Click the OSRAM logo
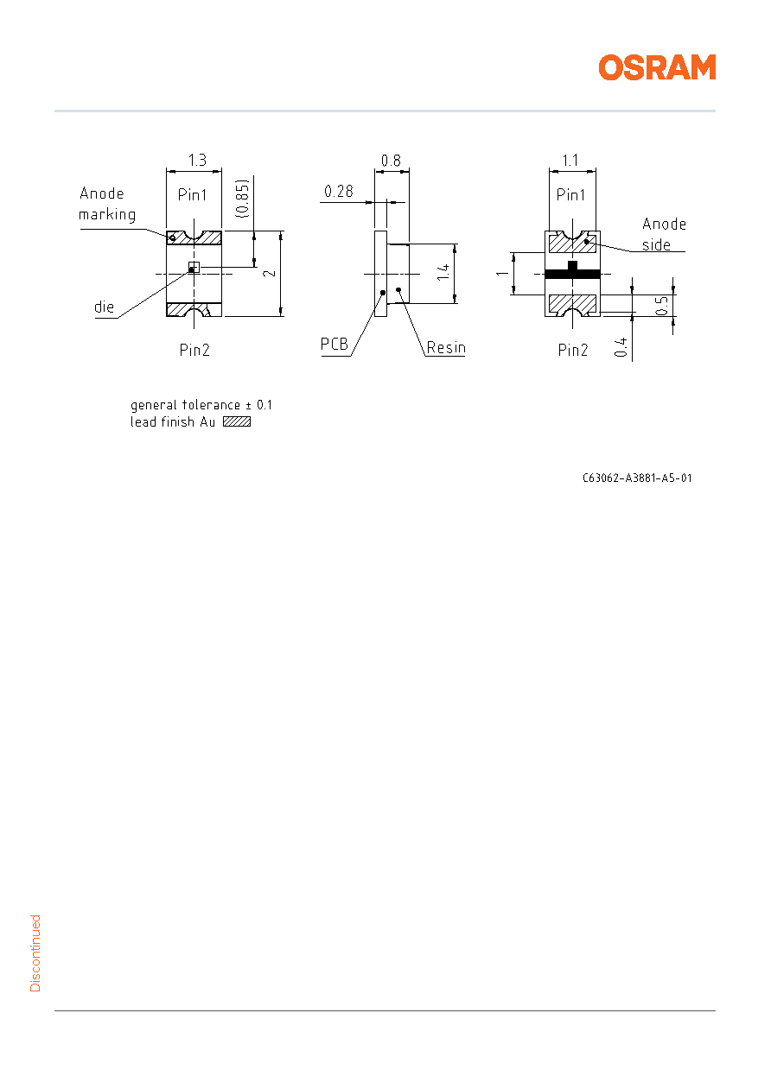[x=657, y=67]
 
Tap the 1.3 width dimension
[x=197, y=160]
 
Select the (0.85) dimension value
[x=242, y=199]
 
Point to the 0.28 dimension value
[x=339, y=191]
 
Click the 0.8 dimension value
[x=391, y=161]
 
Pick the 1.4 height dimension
[x=443, y=272]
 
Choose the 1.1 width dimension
[x=570, y=160]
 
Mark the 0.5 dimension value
[x=661, y=306]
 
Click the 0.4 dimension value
[x=621, y=347]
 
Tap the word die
[x=104, y=307]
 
